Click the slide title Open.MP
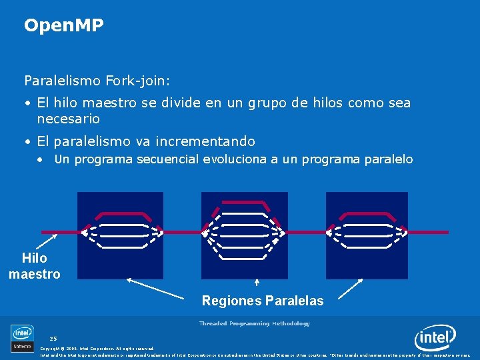click(64, 26)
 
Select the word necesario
click(69, 119)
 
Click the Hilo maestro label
click(34, 266)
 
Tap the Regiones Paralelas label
click(262, 301)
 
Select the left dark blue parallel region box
click(120, 235)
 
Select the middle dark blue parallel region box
click(244, 235)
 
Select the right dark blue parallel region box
click(367, 235)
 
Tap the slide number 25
click(53, 339)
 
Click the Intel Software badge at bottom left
click(22, 338)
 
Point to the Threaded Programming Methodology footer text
click(254, 323)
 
